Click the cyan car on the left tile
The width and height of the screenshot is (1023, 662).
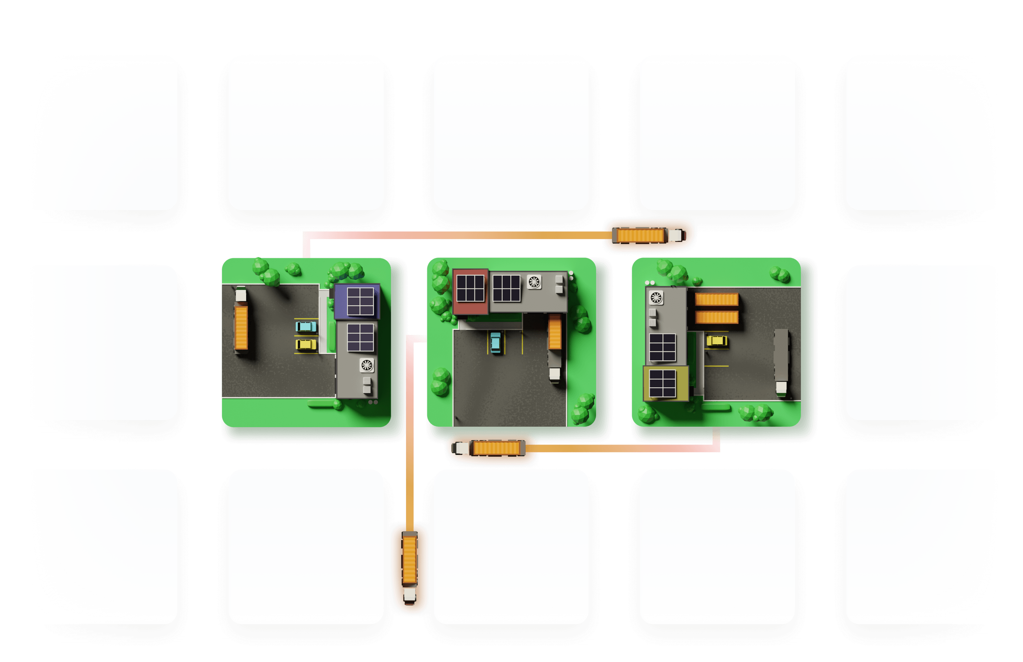pos(306,327)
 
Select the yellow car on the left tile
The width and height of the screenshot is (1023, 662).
pos(306,344)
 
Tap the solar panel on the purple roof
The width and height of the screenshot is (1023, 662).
pos(360,301)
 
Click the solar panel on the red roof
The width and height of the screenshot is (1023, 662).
pos(470,288)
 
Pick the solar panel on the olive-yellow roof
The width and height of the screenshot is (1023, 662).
pos(662,383)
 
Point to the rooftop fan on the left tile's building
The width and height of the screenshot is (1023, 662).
pos(367,365)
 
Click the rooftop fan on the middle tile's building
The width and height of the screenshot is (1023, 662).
pos(534,282)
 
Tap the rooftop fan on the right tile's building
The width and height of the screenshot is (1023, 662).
pos(656,297)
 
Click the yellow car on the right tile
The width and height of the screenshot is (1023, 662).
pos(717,341)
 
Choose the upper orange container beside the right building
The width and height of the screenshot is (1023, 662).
pos(717,299)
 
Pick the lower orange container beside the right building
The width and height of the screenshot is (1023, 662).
pos(717,318)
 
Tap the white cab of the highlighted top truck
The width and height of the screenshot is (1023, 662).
pos(675,235)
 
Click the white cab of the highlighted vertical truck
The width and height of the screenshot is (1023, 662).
pos(410,595)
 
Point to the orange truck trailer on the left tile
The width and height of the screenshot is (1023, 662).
pos(241,328)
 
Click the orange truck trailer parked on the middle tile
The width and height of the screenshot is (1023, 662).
pos(555,332)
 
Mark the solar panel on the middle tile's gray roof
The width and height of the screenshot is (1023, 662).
pos(507,288)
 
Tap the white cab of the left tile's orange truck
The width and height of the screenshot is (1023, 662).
pos(240,295)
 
